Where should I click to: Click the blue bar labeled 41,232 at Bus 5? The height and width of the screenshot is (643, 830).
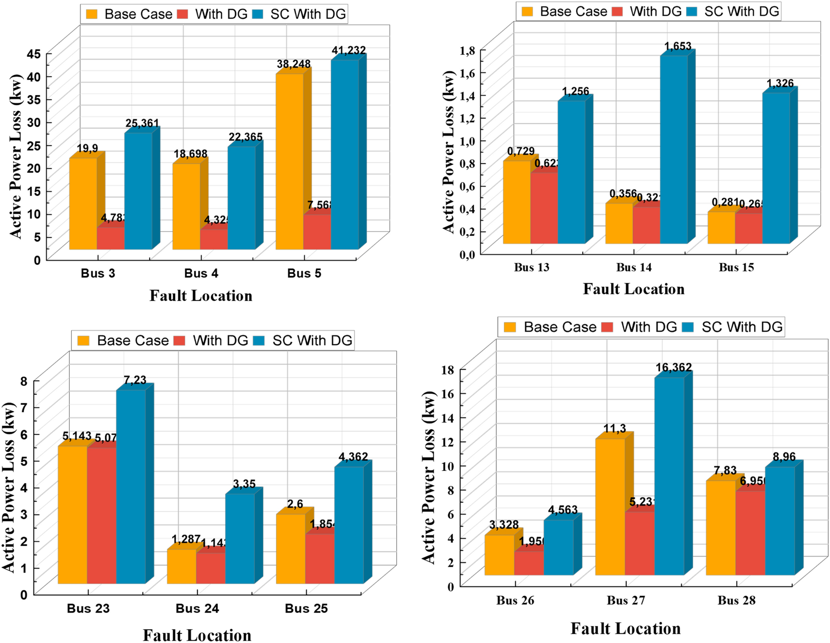[345, 154]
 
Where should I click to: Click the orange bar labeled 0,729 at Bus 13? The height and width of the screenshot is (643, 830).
[516, 202]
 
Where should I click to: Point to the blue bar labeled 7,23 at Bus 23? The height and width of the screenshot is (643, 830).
[131, 486]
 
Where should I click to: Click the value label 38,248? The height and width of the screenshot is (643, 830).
[294, 64]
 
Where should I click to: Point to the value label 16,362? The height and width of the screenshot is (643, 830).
[674, 367]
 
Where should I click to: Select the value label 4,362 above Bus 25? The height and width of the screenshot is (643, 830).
[353, 457]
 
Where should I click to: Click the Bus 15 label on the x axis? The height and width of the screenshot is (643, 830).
[736, 267]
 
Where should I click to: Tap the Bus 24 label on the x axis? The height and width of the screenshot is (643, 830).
[197, 608]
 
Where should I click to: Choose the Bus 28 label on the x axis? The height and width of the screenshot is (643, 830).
[737, 600]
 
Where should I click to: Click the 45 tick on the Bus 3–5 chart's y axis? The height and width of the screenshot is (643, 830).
[34, 54]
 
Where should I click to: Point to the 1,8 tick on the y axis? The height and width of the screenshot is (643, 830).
[467, 51]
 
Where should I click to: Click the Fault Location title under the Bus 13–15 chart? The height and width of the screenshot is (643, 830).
[634, 289]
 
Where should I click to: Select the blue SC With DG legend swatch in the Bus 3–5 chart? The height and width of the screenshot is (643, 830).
[258, 14]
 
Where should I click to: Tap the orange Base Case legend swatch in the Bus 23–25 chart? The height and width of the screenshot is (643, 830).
[83, 341]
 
